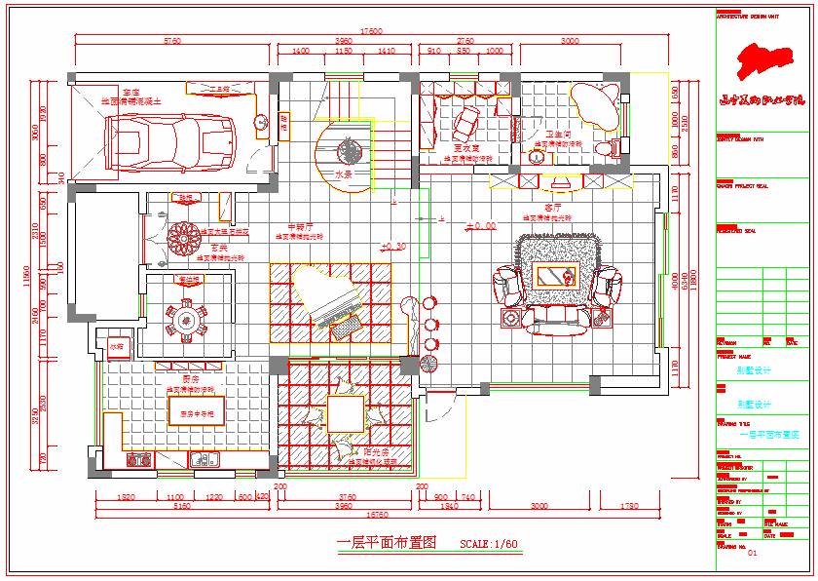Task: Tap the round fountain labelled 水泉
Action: coord(349,150)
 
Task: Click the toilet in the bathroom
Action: coord(610,147)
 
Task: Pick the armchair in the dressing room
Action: coord(465,122)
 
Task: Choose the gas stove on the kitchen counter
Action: coord(139,460)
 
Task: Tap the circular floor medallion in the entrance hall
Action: coord(183,237)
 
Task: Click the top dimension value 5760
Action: coord(171,41)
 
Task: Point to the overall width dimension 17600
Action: coord(370,30)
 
